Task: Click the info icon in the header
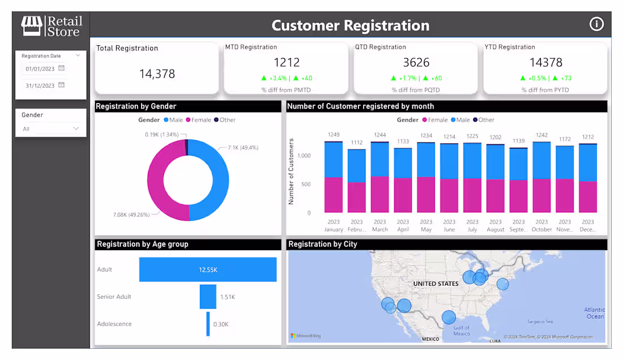tap(596, 24)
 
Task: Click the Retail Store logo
tap(52, 26)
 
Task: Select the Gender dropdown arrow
tap(76, 128)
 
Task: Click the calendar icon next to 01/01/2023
tap(62, 68)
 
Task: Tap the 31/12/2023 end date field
tap(40, 85)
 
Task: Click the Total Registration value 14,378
tap(157, 74)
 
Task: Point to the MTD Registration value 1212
tap(287, 62)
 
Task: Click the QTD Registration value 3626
tap(416, 62)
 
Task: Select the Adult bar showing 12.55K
tap(208, 269)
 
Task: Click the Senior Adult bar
tap(208, 297)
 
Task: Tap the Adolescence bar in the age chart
tap(208, 324)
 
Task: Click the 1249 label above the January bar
tap(334, 135)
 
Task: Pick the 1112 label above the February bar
tap(357, 143)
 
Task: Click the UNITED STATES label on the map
tap(436, 284)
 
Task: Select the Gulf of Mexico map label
tap(462, 331)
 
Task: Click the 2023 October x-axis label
tap(541, 225)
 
